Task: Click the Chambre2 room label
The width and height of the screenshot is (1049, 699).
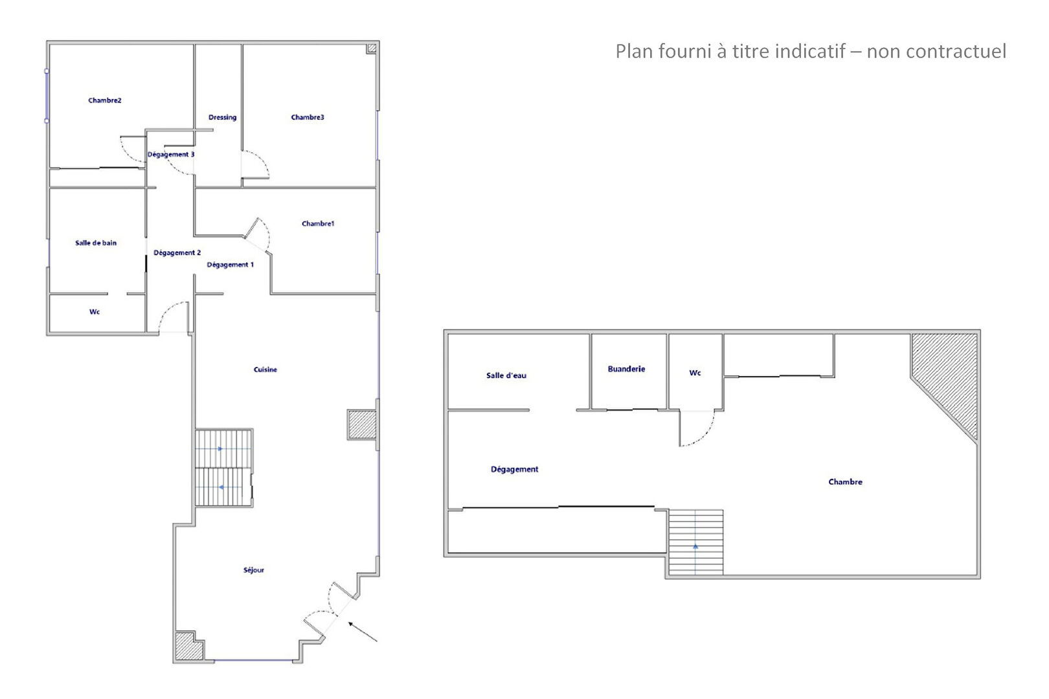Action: (105, 100)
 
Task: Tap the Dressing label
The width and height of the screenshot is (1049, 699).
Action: (223, 117)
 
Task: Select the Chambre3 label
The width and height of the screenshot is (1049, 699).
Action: (308, 117)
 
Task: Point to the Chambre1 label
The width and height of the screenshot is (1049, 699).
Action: (318, 223)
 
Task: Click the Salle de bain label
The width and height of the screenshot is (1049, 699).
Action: (96, 243)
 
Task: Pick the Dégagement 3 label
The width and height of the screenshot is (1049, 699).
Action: (171, 154)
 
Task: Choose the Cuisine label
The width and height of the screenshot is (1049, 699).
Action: (265, 370)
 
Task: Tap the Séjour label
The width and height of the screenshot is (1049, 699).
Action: (254, 570)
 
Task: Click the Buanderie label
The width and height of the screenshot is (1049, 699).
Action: (627, 369)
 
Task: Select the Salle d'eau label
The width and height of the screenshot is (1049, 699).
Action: (506, 375)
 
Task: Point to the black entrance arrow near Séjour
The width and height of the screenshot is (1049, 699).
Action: (363, 632)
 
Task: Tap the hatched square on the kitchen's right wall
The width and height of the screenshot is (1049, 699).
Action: (361, 425)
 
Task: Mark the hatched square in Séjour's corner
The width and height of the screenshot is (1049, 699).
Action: (188, 646)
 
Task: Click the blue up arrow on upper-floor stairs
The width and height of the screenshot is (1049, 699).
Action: (695, 546)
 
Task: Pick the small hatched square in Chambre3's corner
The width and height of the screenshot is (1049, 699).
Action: (372, 49)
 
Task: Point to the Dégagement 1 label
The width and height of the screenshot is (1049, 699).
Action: (231, 265)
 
